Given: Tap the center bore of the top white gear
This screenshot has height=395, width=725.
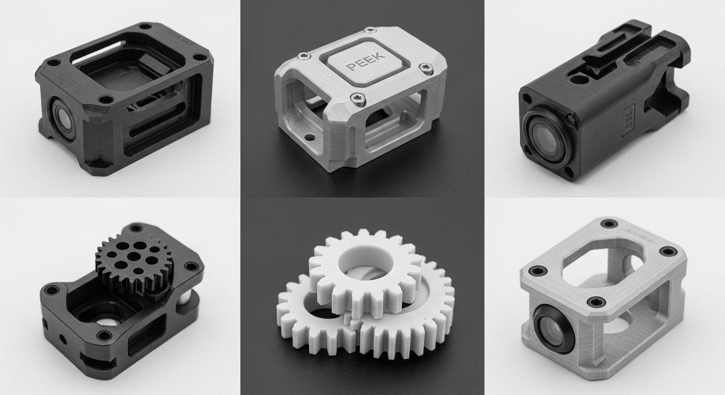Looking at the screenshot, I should (358, 262).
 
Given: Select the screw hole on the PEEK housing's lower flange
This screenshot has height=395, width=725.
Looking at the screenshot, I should (309, 137).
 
